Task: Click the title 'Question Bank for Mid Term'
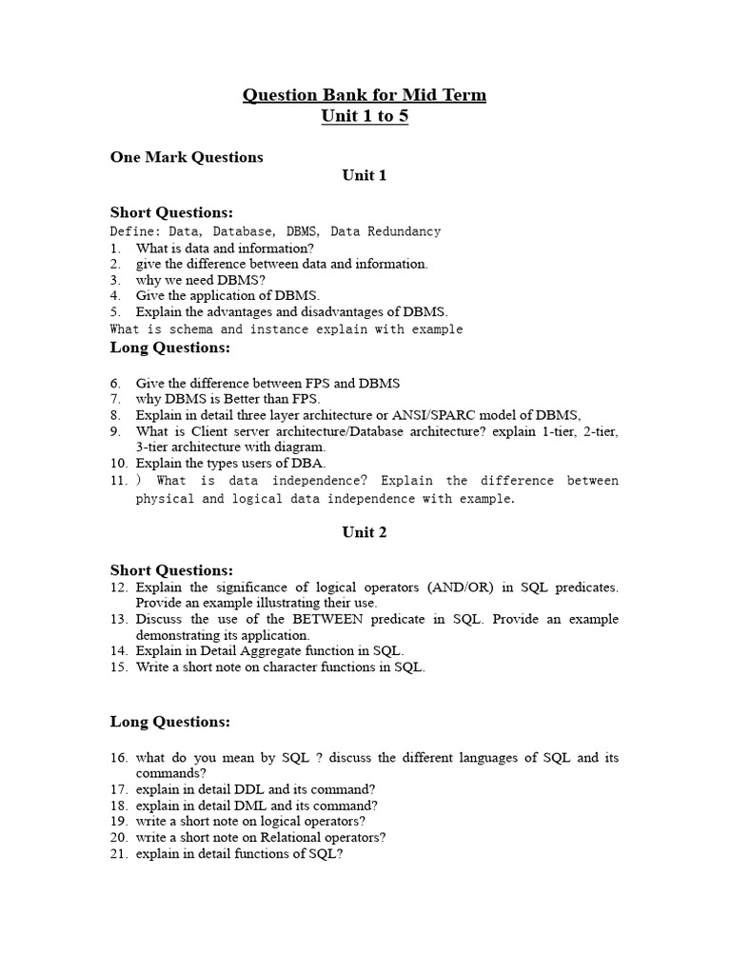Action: [x=365, y=94]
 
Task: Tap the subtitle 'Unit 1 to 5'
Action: [x=365, y=116]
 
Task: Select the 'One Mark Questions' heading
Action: [x=187, y=157]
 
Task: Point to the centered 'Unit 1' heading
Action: [x=365, y=175]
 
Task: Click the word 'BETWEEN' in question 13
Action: [x=330, y=619]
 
